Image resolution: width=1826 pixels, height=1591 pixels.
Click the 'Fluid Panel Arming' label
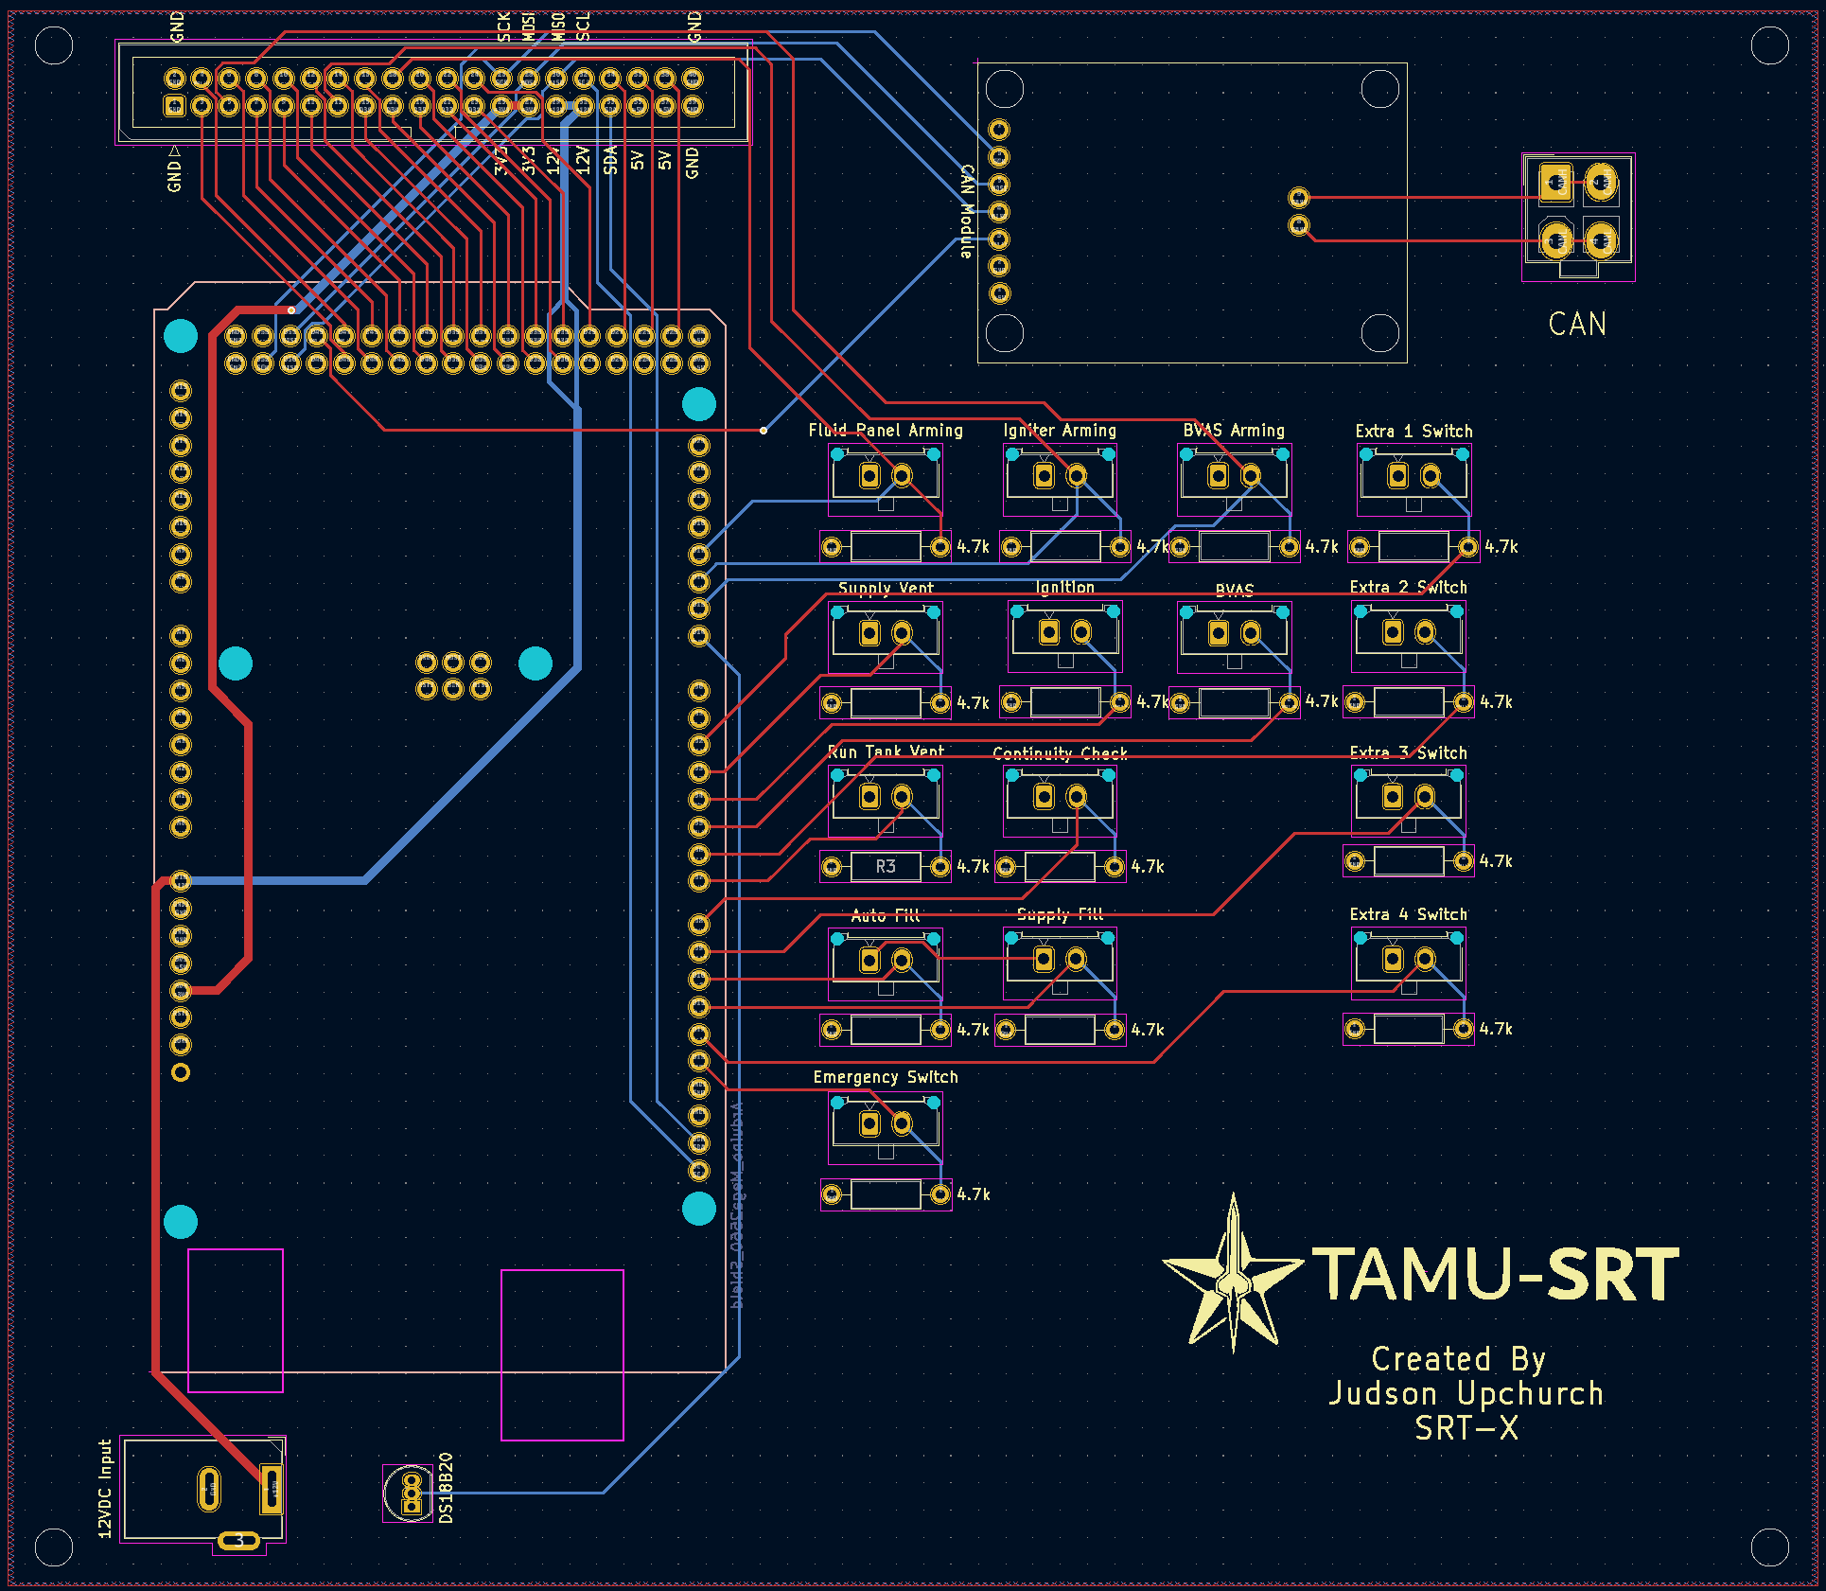click(886, 431)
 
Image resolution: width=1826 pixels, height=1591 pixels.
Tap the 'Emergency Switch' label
click(886, 1077)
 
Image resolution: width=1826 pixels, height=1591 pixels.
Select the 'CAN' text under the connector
click(1577, 325)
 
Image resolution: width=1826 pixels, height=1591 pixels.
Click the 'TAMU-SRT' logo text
click(1495, 1274)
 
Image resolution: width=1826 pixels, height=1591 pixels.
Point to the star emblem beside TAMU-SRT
click(1233, 1273)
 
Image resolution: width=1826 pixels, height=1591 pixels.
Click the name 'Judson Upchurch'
click(1466, 1394)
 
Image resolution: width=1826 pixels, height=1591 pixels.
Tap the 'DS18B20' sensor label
click(447, 1488)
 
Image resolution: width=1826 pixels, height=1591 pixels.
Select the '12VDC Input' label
click(105, 1489)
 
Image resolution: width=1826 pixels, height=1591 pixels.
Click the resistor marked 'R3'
click(886, 866)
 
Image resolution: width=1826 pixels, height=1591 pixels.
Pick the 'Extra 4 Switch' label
click(1408, 914)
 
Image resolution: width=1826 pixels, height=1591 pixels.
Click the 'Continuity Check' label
click(1060, 753)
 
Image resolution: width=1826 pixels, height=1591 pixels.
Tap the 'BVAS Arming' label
click(1234, 431)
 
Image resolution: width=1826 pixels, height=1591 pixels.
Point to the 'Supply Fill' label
click(1060, 914)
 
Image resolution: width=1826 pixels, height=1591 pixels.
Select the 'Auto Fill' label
click(886, 915)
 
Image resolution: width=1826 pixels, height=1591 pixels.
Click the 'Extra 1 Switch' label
click(1413, 432)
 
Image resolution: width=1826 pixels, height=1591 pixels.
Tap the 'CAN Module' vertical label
click(967, 211)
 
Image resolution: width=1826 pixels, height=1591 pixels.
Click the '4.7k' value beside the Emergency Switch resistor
click(974, 1194)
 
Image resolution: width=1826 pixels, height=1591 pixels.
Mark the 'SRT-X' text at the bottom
click(1466, 1429)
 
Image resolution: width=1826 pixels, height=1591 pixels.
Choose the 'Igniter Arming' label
click(1060, 431)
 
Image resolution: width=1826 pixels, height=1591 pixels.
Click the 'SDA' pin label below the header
click(611, 160)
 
